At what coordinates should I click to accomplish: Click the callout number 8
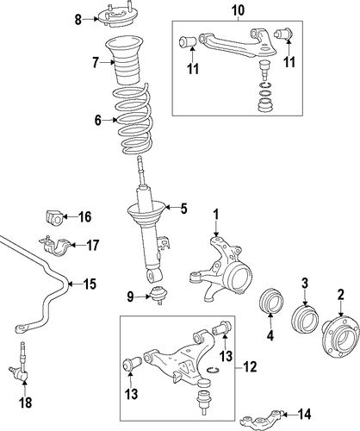tap(78, 20)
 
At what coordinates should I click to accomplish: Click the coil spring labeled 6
tap(133, 120)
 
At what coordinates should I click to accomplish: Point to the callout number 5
tap(183, 209)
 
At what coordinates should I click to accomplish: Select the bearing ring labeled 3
tap(305, 320)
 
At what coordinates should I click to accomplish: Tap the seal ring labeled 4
tap(271, 300)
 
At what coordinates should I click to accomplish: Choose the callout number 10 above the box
tap(238, 10)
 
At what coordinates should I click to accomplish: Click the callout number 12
tap(250, 367)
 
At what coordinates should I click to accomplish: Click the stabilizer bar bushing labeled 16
tap(54, 217)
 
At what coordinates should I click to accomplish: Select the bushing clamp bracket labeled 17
tap(56, 246)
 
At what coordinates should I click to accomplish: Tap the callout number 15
tap(90, 284)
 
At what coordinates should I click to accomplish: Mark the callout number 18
tap(25, 403)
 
